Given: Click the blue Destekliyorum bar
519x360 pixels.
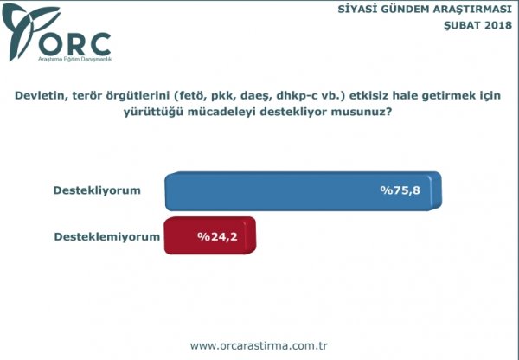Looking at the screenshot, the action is pyautogui.click(x=304, y=191).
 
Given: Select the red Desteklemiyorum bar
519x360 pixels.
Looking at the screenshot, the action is pyautogui.click(x=210, y=235).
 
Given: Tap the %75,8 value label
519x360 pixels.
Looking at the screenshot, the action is pyautogui.click(x=400, y=190).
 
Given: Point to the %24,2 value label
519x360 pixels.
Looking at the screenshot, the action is pyautogui.click(x=217, y=236).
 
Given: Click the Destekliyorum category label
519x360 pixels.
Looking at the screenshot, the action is pyautogui.click(x=97, y=190).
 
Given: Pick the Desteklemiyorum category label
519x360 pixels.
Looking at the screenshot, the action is pyautogui.click(x=107, y=237).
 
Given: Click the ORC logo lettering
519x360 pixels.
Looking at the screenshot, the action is pyautogui.click(x=74, y=44).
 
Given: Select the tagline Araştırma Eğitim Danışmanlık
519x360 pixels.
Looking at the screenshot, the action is pyautogui.click(x=74, y=60).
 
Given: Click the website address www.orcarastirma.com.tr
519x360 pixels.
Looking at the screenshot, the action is pyautogui.click(x=259, y=346).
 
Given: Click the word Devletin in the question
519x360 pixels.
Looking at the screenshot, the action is pyautogui.click(x=37, y=95).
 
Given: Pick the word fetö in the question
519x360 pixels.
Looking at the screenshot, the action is pyautogui.click(x=191, y=95).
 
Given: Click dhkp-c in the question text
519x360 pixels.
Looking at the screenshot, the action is pyautogui.click(x=294, y=96).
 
